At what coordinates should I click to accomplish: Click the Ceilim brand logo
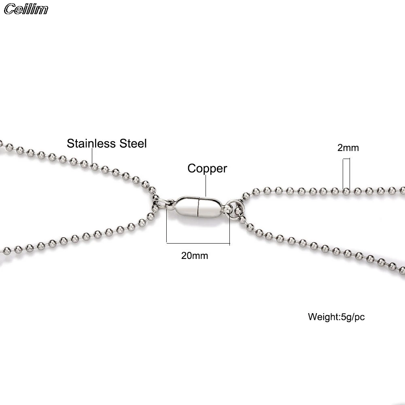point(26,9)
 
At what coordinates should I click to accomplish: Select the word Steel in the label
point(132,143)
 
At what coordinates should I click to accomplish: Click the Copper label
point(207,168)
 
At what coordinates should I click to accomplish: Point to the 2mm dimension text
point(348,148)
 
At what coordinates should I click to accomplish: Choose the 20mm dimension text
point(195,256)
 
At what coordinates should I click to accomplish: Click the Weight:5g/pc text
point(336,316)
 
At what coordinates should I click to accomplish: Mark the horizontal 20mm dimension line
point(198,243)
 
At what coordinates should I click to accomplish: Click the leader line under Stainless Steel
point(93,156)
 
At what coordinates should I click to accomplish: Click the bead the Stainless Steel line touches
point(94,166)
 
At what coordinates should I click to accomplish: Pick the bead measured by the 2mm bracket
point(346,191)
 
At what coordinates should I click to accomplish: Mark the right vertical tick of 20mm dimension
point(229,229)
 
